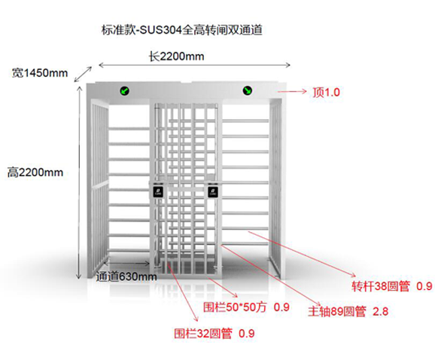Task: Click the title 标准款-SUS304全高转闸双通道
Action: [182, 30]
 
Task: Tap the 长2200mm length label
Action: [176, 56]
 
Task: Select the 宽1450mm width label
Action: [40, 73]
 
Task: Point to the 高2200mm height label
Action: [35, 172]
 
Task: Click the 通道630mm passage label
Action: [126, 276]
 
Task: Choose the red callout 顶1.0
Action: [327, 92]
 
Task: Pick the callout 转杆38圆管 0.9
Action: [391, 286]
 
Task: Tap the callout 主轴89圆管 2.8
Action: [348, 312]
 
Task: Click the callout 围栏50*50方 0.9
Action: [246, 307]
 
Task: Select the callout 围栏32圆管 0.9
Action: [214, 333]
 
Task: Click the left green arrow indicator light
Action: [125, 91]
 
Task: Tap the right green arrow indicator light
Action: [248, 90]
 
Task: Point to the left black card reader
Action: [158, 192]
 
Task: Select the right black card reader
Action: [213, 192]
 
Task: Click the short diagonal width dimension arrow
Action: [83, 75]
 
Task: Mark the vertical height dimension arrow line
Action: [79, 182]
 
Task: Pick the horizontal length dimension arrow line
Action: [194, 66]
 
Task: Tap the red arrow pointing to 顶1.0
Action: [292, 91]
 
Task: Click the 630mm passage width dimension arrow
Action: [126, 263]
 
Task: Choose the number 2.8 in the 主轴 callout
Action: [380, 312]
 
